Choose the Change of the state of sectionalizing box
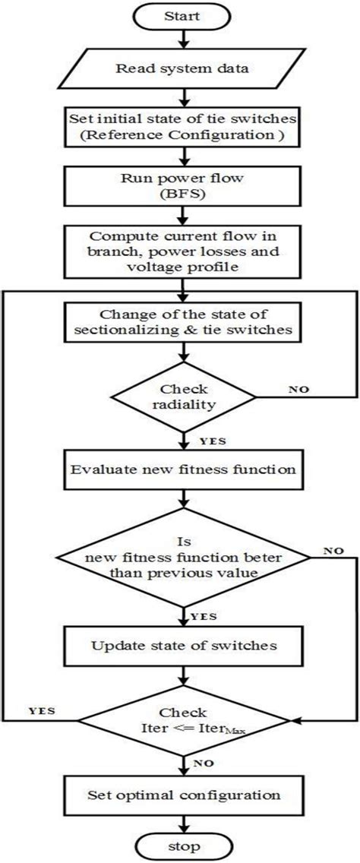181,322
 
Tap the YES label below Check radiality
210,439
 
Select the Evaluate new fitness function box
181,469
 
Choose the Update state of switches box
181,646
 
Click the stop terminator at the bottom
180,846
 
